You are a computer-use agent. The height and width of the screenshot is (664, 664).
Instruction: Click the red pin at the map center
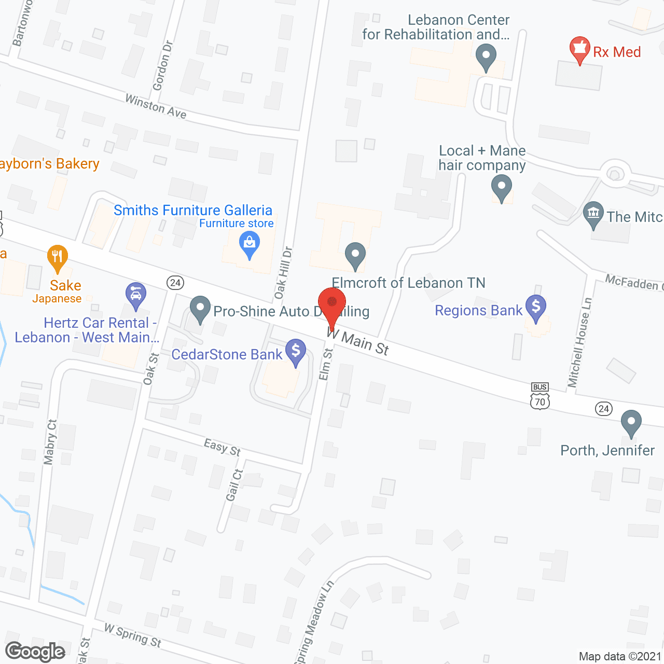(x=332, y=303)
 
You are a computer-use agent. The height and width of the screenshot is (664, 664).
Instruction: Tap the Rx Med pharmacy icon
(x=579, y=49)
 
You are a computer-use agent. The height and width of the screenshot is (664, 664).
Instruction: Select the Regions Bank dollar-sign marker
(x=536, y=307)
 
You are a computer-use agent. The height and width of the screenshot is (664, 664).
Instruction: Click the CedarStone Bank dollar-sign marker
(x=296, y=351)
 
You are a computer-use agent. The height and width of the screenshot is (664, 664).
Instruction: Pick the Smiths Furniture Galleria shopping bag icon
(x=250, y=243)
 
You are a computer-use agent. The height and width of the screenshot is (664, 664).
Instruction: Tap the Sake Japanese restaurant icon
(x=58, y=257)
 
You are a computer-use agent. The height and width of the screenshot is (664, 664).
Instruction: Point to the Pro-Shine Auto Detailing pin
(x=200, y=308)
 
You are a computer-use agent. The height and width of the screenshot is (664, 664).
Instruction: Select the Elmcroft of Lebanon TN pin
(x=355, y=255)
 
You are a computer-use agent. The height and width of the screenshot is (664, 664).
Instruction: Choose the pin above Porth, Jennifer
(x=631, y=422)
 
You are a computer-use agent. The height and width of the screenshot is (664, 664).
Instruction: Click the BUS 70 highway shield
(x=540, y=396)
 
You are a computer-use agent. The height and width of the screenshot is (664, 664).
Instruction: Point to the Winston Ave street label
(x=156, y=106)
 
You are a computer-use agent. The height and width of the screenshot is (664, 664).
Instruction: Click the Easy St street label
(x=223, y=447)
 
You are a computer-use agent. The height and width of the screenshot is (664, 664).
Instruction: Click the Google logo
(x=35, y=652)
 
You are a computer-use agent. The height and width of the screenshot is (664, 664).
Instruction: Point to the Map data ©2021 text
(x=620, y=657)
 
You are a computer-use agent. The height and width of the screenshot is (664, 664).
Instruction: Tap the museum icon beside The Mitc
(x=593, y=214)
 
